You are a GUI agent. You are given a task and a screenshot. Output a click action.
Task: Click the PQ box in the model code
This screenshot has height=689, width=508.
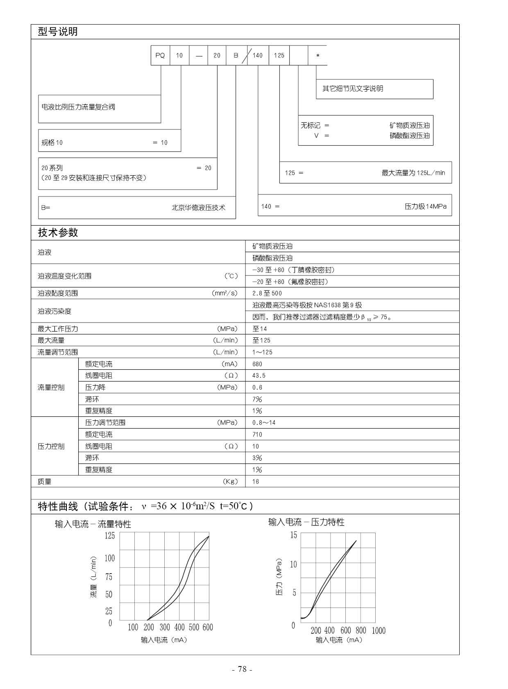(160, 55)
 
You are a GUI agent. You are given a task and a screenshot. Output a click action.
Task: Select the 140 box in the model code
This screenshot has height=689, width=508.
(258, 55)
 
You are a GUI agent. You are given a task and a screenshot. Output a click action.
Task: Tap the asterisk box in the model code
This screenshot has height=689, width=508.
(317, 56)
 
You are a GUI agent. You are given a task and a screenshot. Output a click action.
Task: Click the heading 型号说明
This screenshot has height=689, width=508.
(58, 32)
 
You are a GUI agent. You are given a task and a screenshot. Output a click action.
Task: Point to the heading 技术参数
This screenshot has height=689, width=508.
(58, 233)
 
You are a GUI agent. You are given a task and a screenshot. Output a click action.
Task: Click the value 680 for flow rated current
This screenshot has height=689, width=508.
(257, 364)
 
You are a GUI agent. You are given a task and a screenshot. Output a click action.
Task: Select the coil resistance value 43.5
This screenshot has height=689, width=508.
(259, 375)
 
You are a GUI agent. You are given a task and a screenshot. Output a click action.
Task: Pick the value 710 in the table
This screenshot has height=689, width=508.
(257, 434)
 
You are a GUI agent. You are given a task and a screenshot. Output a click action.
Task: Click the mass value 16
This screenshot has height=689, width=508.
(256, 481)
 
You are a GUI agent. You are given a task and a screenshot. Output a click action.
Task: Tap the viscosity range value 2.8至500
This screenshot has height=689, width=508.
(267, 293)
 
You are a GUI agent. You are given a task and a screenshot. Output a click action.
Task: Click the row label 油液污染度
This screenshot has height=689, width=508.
(54, 311)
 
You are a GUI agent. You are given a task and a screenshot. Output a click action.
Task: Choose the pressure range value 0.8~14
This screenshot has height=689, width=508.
(264, 422)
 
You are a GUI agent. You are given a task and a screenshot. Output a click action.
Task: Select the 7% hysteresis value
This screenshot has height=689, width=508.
(257, 399)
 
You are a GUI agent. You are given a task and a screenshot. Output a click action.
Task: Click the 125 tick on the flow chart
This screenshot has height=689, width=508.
(110, 535)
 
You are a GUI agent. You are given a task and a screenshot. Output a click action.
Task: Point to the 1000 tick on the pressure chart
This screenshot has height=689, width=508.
(379, 630)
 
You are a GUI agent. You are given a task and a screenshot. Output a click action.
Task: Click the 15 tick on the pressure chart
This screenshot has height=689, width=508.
(293, 535)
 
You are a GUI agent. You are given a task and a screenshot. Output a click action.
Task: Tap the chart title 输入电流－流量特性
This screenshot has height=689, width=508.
(93, 524)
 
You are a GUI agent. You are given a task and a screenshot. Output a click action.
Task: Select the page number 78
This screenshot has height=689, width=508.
(242, 669)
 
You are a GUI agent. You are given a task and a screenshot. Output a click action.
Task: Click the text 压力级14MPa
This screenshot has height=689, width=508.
(425, 206)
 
